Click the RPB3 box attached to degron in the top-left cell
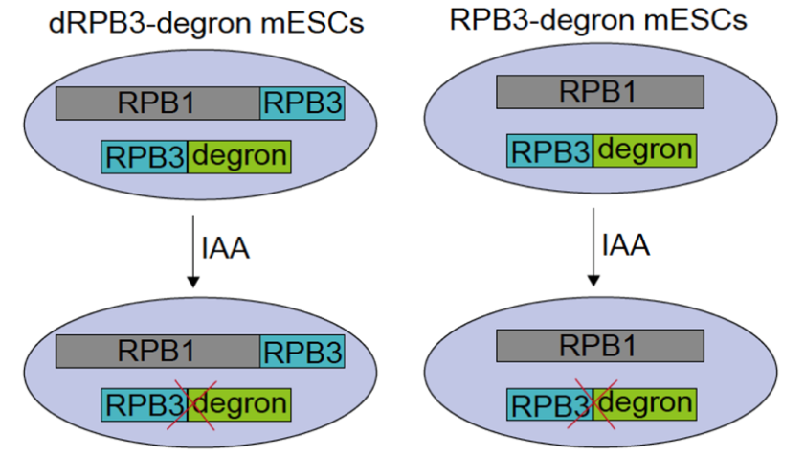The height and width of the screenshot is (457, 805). coord(145,156)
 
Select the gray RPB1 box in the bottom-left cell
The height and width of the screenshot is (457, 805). coord(158,352)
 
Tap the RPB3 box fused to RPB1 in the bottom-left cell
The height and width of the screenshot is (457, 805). coord(302,352)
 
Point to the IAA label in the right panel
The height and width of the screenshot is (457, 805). coord(626,245)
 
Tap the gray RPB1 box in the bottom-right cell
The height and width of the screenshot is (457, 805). coord(600,344)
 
